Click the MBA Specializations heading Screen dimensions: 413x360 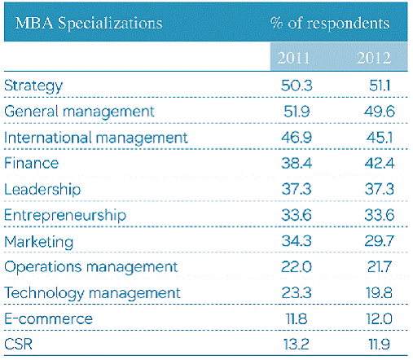[x=89, y=23]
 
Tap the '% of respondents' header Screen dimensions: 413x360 [x=330, y=23]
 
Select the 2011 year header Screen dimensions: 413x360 [x=293, y=58]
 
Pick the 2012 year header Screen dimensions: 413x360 [x=374, y=58]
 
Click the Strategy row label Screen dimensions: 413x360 [x=33, y=86]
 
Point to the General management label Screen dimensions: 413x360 [x=79, y=112]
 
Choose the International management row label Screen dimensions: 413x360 [x=96, y=138]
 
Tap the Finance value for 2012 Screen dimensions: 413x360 [x=380, y=164]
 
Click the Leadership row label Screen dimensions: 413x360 [x=42, y=189]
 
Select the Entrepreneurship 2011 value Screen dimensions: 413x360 [x=297, y=215]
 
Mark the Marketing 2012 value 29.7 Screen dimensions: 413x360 [x=380, y=241]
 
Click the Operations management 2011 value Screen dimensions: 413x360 [x=297, y=266]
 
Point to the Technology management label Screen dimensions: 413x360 [x=92, y=293]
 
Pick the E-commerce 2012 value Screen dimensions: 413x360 [x=380, y=318]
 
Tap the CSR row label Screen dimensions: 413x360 [x=18, y=345]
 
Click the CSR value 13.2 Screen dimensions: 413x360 [x=297, y=345]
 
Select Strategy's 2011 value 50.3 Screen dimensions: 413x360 [x=297, y=86]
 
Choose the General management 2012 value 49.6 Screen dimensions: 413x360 [x=380, y=112]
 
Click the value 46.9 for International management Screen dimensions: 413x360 [x=297, y=138]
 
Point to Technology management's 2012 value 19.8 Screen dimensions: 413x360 [x=380, y=292]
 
